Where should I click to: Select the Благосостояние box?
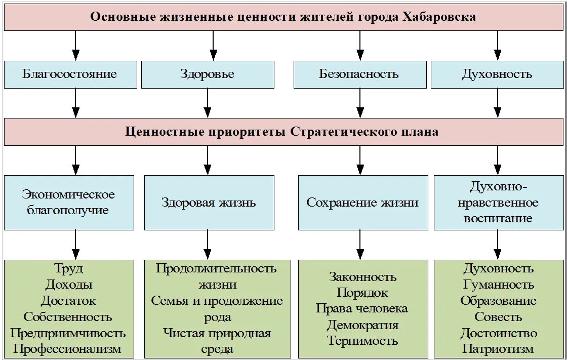(70, 74)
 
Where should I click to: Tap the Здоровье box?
(207, 74)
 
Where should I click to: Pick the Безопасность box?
(359, 74)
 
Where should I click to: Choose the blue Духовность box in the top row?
(497, 74)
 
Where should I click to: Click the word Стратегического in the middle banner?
(333, 132)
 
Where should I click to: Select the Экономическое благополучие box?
(69, 203)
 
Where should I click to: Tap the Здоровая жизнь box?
(209, 203)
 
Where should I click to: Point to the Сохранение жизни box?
(362, 203)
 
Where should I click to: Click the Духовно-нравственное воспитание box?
(498, 203)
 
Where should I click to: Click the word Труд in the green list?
(68, 268)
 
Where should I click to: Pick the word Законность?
(362, 276)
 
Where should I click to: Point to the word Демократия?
(362, 325)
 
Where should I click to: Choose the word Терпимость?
(362, 341)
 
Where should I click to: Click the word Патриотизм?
(498, 348)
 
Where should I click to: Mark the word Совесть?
(498, 317)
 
